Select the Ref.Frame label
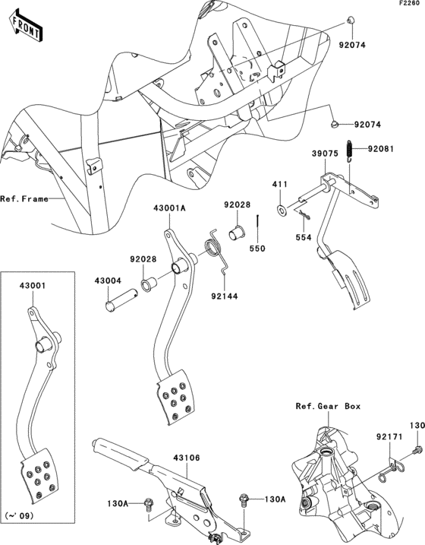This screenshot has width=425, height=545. pyautogui.click(x=24, y=199)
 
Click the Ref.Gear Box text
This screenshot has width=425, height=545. pyautogui.click(x=328, y=407)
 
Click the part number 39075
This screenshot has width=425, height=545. pyautogui.click(x=324, y=153)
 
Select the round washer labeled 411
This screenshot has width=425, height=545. pyautogui.click(x=281, y=208)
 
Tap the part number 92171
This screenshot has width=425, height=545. pyautogui.click(x=387, y=438)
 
